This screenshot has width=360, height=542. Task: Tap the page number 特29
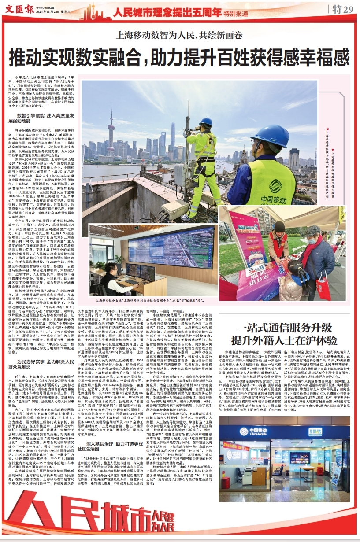[342, 10]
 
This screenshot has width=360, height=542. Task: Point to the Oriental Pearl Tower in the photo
[111, 132]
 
